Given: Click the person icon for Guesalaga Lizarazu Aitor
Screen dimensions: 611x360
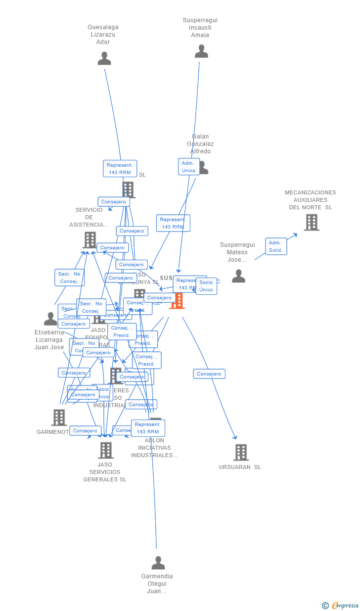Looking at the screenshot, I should click(104, 59).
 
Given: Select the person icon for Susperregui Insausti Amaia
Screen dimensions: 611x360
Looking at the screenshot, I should click(201, 51).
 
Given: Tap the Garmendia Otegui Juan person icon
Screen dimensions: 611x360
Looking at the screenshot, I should click(158, 563).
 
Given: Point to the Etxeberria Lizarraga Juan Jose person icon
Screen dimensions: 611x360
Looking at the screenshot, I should click(50, 319).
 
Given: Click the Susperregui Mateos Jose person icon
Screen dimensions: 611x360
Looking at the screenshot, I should click(238, 276).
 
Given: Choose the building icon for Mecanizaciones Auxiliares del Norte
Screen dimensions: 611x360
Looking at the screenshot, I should click(312, 223).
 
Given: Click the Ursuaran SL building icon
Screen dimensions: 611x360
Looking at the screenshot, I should click(241, 452).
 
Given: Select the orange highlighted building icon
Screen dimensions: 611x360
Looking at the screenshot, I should click(177, 300).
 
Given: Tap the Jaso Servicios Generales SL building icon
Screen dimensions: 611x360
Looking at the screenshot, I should click(106, 450).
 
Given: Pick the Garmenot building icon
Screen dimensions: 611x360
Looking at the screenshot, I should click(59, 418).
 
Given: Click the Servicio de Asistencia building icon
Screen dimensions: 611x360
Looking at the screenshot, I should click(90, 240).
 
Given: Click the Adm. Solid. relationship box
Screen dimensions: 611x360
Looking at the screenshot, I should click(275, 246).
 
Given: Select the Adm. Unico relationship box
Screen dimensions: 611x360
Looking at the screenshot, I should click(189, 167).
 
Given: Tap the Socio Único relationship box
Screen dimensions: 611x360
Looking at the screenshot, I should click(206, 286).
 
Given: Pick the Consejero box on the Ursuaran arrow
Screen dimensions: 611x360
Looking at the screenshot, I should click(209, 374).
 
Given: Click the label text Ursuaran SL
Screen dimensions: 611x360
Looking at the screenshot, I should click(240, 467).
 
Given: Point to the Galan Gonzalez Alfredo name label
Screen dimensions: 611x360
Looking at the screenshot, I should click(200, 144).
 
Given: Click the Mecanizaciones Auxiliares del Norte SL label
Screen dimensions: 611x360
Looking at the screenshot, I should click(311, 200).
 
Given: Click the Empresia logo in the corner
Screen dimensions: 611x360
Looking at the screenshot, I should click(341, 605).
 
